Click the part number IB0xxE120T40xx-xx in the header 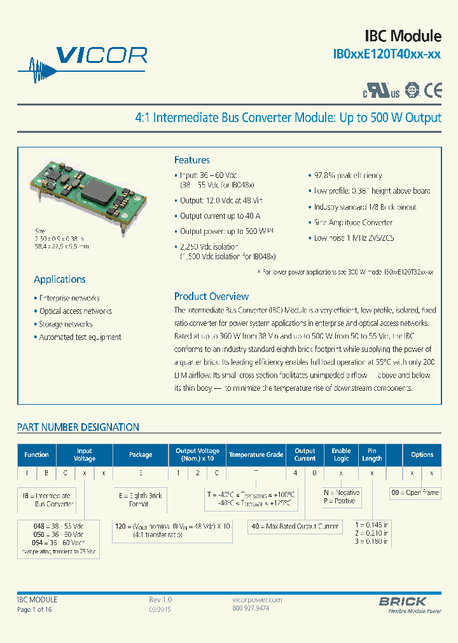387,55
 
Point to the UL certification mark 382,91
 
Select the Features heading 191,160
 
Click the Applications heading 59,279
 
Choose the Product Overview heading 211,296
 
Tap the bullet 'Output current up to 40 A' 217,216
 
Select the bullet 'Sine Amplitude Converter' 352,222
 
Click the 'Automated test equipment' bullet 79,337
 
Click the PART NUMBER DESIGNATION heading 78,427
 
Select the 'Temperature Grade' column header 256,454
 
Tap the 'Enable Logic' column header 341,454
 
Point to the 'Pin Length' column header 372,454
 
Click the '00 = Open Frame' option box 415,492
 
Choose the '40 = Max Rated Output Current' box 295,526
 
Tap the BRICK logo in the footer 403,601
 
